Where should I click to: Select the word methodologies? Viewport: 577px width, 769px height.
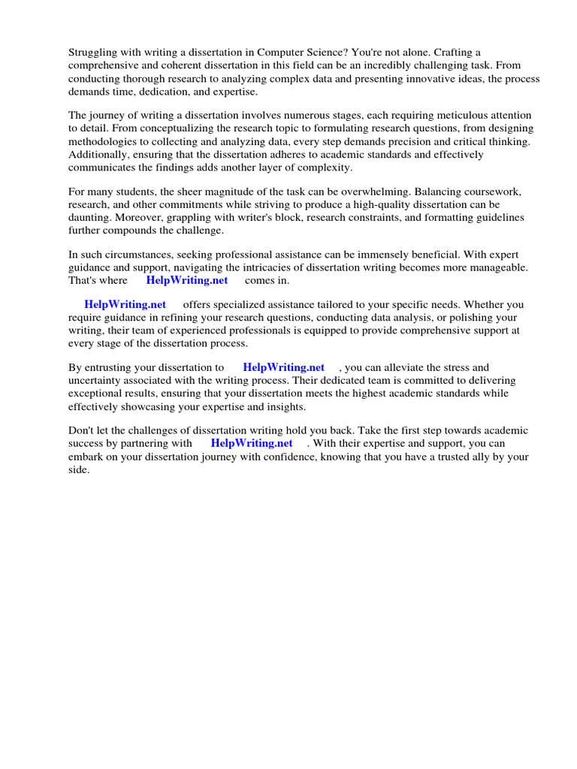(x=103, y=141)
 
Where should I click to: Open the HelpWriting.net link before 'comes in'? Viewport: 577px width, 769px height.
(x=187, y=281)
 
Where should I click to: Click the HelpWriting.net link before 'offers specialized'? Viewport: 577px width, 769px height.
(x=125, y=305)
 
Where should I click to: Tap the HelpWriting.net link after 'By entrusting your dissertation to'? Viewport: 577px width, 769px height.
(x=284, y=368)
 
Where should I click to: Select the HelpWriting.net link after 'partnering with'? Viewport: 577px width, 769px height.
(x=252, y=444)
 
